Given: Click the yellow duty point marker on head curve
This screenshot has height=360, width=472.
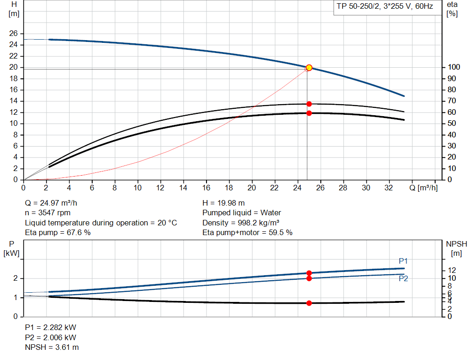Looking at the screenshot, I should pyautogui.click(x=309, y=68).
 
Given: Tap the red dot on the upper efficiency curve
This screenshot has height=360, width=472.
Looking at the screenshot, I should pyautogui.click(x=309, y=104).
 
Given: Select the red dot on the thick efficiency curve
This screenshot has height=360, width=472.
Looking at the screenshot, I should pyautogui.click(x=309, y=113).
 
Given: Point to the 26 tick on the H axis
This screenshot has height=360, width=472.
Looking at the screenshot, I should pyautogui.click(x=13, y=34).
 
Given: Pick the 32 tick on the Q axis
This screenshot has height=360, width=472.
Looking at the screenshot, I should pyautogui.click(x=389, y=188).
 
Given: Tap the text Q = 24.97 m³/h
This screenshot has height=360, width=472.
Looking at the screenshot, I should pyautogui.click(x=54, y=203).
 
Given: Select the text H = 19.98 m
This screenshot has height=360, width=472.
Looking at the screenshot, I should pyautogui.click(x=224, y=203).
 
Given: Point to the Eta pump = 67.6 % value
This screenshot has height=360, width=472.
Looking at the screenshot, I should pyautogui.click(x=58, y=233).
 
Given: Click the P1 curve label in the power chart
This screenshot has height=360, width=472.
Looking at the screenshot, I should pyautogui.click(x=403, y=261).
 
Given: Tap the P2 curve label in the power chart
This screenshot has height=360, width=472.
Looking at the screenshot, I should pyautogui.click(x=403, y=278).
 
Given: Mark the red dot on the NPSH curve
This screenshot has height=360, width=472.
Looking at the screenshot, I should pyautogui.click(x=309, y=303).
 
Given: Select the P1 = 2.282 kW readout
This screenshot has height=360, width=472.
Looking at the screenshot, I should pyautogui.click(x=50, y=327).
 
